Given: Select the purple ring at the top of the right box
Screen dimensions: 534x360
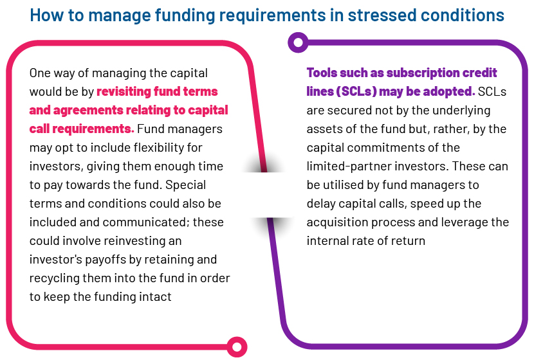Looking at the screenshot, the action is (x=298, y=42).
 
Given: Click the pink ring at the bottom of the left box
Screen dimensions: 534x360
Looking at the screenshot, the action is (x=237, y=347).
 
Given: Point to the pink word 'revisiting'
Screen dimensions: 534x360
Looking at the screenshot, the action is (x=124, y=91).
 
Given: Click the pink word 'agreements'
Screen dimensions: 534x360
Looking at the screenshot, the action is (x=88, y=110).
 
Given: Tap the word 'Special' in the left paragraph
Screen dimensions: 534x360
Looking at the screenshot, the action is (x=185, y=185).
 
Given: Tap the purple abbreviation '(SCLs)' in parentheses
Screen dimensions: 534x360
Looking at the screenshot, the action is (x=356, y=91).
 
